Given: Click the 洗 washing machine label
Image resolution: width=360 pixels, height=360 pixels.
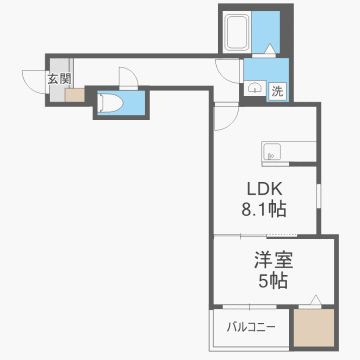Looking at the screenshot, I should (x=277, y=91).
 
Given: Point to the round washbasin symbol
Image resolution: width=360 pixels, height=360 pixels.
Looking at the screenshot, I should (x=252, y=88).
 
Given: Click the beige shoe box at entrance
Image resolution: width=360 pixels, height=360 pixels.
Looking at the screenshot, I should (x=76, y=96).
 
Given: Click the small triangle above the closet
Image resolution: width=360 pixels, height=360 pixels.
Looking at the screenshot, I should (x=314, y=299).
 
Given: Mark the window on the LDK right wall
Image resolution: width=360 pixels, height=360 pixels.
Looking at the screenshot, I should (x=318, y=195).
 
